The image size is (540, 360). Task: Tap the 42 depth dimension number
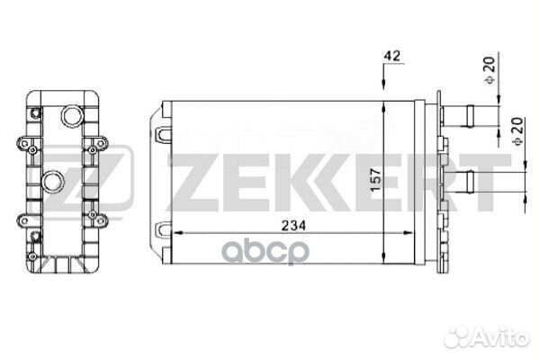391,56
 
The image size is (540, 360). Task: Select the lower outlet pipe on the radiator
472,179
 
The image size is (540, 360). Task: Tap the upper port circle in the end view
69,117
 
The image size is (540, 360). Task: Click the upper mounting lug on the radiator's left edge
164,134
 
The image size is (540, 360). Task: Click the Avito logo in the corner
486,337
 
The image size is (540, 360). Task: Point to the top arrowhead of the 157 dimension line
384,106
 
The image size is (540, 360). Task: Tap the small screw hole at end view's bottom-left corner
33,236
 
